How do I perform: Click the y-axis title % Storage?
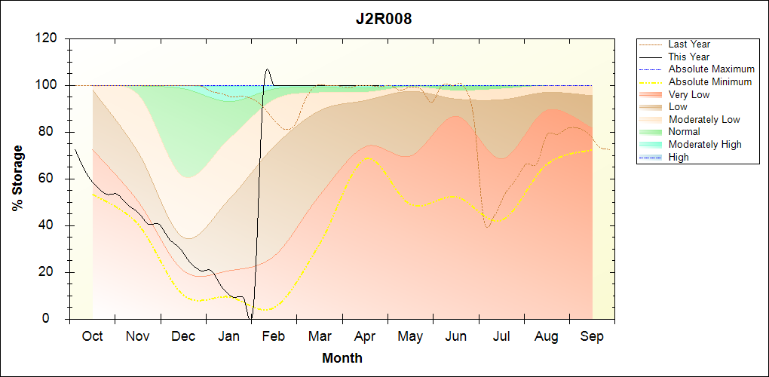pyautogui.click(x=17, y=179)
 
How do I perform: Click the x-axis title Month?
pyautogui.click(x=342, y=358)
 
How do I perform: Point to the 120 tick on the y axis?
pyautogui.click(x=49, y=38)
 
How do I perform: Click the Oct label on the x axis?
pyautogui.click(x=92, y=336)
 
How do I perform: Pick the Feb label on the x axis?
pyautogui.click(x=274, y=336)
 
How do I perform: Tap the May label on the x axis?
pyautogui.click(x=410, y=336)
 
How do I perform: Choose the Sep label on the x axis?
pyautogui.click(x=592, y=336)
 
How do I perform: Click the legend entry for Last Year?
pyautogui.click(x=689, y=44)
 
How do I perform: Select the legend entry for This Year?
pyautogui.click(x=688, y=57)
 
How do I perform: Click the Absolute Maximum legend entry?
pyautogui.click(x=711, y=69)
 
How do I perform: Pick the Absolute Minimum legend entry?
pyautogui.click(x=709, y=81)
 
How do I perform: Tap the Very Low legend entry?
pyautogui.click(x=689, y=94)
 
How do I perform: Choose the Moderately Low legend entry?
pyautogui.click(x=704, y=119)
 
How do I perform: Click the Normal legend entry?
pyautogui.click(x=684, y=132)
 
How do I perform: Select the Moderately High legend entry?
pyautogui.click(x=705, y=144)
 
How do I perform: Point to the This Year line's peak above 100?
pyautogui.click(x=268, y=69)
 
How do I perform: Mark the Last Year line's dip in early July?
pyautogui.click(x=488, y=227)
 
